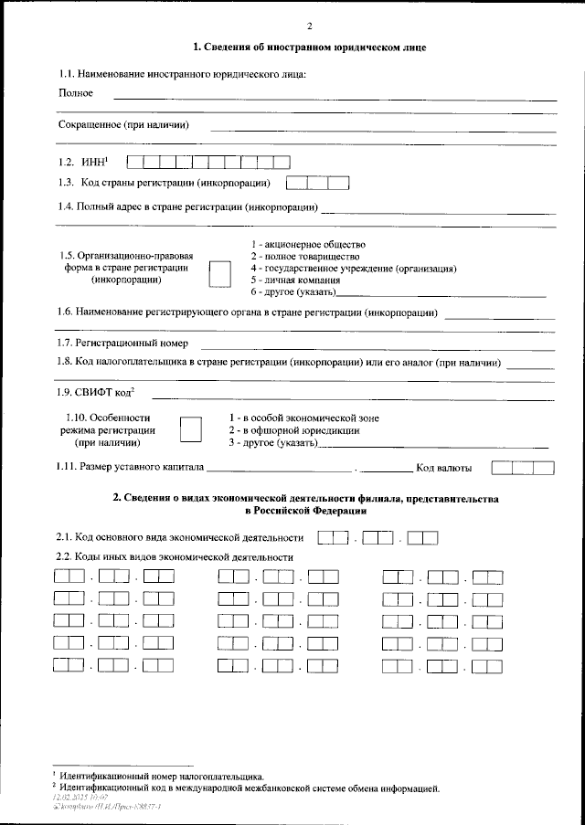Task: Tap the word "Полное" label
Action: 76,93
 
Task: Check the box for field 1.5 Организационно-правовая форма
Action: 219,273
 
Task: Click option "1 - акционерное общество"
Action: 308,244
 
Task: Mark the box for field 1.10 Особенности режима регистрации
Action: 191,429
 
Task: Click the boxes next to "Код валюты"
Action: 523,469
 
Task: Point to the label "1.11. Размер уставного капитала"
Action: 130,469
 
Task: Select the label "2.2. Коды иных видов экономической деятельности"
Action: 175,556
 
